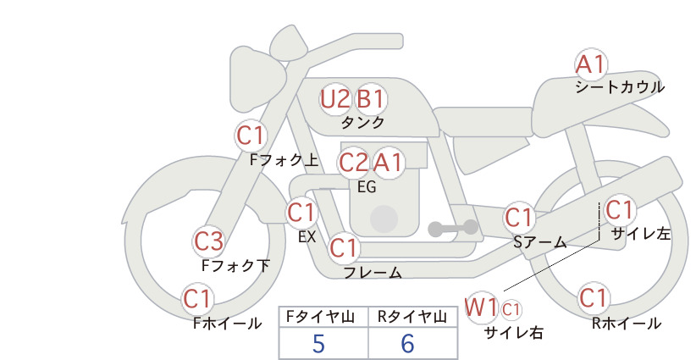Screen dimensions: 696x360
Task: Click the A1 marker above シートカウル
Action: [591, 65]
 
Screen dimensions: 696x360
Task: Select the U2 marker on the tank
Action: [335, 99]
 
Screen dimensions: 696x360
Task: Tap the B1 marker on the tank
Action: [371, 99]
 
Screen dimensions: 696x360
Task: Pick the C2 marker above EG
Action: [354, 163]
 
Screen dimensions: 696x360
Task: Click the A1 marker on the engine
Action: [389, 163]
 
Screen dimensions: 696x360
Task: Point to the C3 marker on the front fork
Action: [208, 241]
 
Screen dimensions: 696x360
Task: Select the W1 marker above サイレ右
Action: [481, 307]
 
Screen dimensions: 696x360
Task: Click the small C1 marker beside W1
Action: [511, 309]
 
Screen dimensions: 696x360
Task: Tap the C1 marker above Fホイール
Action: [197, 299]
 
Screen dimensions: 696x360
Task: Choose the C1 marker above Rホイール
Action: [593, 297]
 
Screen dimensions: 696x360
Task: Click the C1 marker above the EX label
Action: [301, 213]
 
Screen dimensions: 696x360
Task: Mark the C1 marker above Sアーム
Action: [519, 218]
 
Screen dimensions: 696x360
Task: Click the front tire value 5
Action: [318, 343]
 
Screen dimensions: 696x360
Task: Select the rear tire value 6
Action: [407, 343]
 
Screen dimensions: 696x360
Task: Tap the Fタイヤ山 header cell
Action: [323, 317]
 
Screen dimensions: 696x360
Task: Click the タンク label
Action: [362, 123]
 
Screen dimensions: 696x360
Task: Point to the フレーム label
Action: [373, 272]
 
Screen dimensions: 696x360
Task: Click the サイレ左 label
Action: [641, 234]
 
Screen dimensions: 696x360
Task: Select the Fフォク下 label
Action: [235, 265]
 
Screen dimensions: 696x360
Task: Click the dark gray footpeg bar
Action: [453, 229]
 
